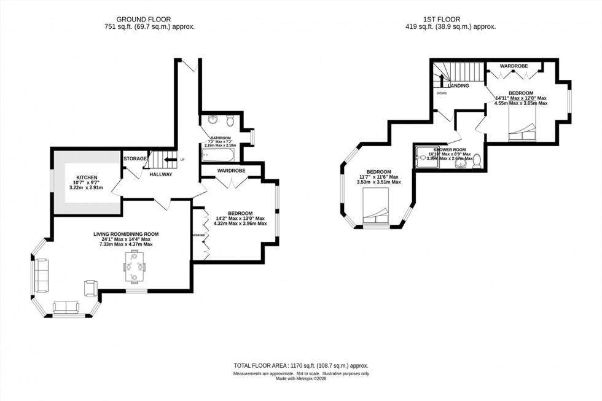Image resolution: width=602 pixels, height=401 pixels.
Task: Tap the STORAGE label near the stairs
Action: click(135, 159)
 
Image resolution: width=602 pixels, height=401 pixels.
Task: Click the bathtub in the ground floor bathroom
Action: click(218, 153)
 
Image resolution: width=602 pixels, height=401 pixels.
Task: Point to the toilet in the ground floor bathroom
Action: click(230, 119)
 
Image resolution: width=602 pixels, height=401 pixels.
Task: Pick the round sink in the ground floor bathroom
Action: click(212, 119)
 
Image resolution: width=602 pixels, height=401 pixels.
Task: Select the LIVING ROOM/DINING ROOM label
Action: click(126, 234)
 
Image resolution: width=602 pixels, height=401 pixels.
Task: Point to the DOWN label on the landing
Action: click(442, 93)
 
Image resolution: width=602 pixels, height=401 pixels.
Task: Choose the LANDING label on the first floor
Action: click(458, 86)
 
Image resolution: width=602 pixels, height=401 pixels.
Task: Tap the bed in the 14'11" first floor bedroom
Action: click(523, 131)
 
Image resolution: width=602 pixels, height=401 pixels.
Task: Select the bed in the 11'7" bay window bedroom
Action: click(376, 208)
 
